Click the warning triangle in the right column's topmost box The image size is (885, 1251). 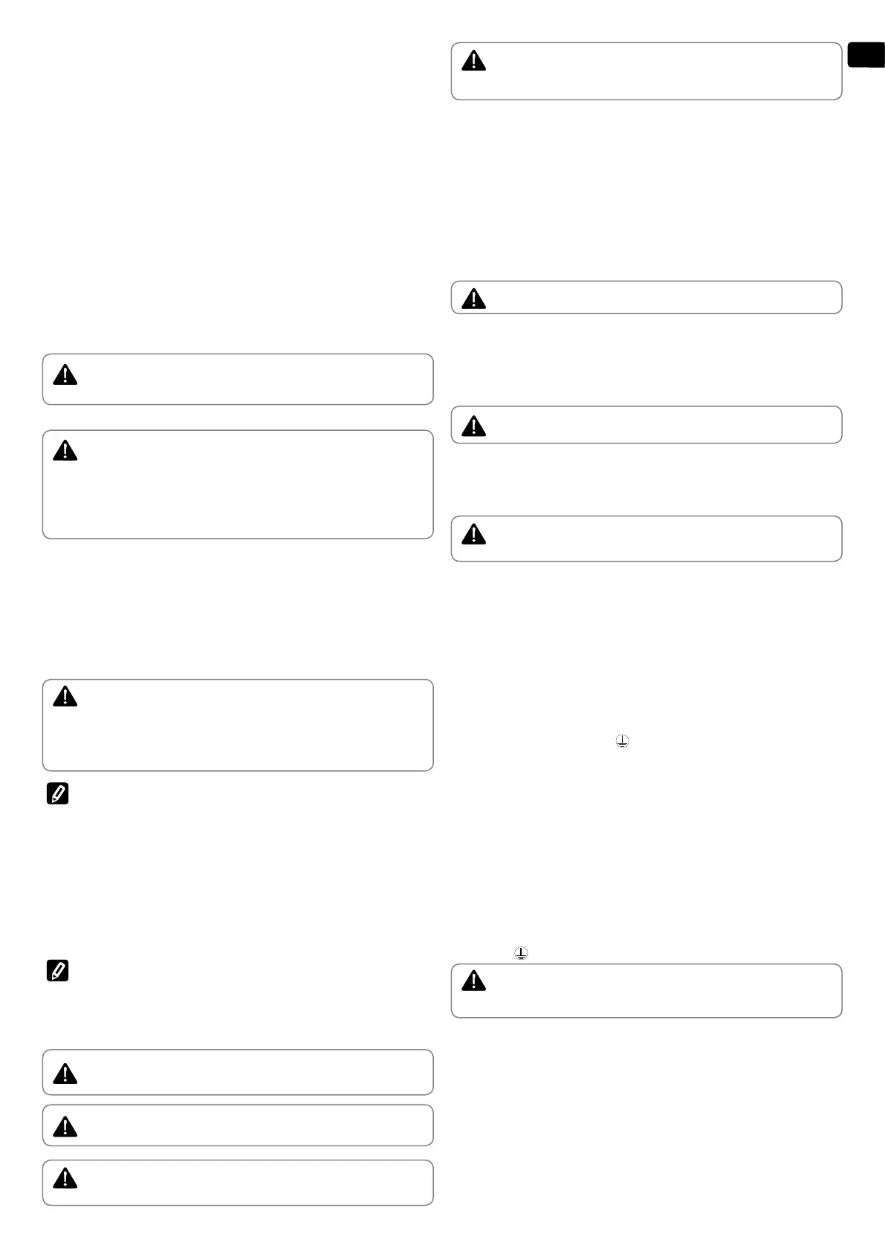[x=473, y=61]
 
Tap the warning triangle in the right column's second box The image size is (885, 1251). [x=473, y=299]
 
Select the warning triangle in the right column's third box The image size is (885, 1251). [x=473, y=426]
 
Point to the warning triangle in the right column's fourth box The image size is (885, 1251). [x=473, y=534]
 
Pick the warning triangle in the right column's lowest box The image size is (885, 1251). [x=473, y=981]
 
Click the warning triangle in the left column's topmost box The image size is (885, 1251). [x=65, y=375]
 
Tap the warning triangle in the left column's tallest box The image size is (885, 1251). [x=65, y=451]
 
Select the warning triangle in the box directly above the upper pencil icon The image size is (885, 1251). [x=65, y=697]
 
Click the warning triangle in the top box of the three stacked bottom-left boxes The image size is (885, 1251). [x=65, y=1073]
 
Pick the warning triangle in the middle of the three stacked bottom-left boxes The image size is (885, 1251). [x=65, y=1128]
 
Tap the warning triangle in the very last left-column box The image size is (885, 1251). [x=65, y=1178]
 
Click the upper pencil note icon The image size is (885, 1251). [x=57, y=794]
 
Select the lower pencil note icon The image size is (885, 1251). [x=57, y=970]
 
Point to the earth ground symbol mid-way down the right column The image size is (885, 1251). [x=622, y=741]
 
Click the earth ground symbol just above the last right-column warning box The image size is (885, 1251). [x=522, y=954]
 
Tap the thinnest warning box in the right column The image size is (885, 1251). [x=654, y=298]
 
